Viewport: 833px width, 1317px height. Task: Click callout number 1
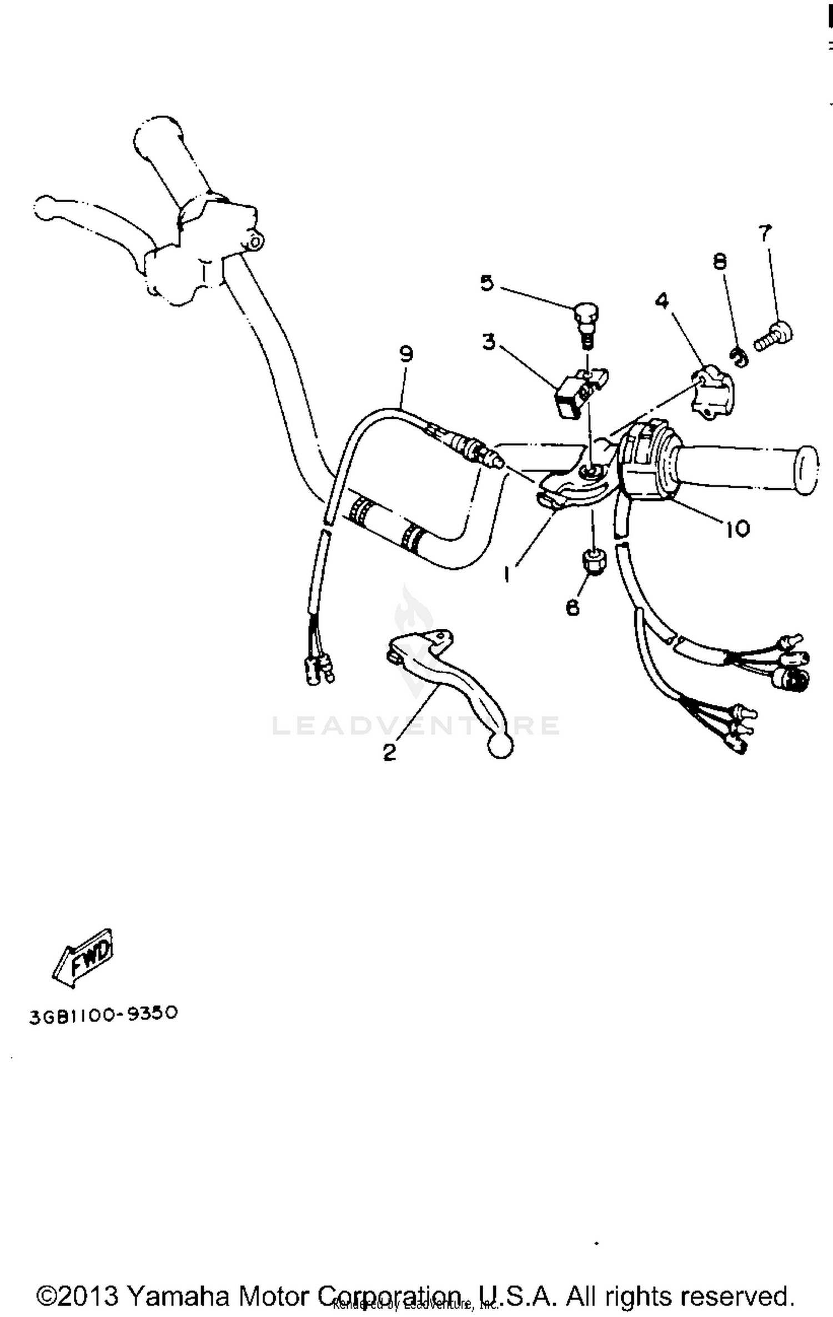[507, 574]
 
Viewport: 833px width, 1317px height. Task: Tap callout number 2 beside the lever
[390, 752]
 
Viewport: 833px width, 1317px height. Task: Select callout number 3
[489, 342]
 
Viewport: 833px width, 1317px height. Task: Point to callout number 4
[662, 301]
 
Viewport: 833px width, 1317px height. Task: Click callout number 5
[486, 283]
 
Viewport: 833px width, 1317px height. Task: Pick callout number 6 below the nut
[573, 607]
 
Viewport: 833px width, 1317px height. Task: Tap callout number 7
[765, 233]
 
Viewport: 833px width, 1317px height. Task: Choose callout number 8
[720, 261]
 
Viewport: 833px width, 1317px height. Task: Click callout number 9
[407, 354]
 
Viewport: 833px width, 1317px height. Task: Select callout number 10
[737, 528]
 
